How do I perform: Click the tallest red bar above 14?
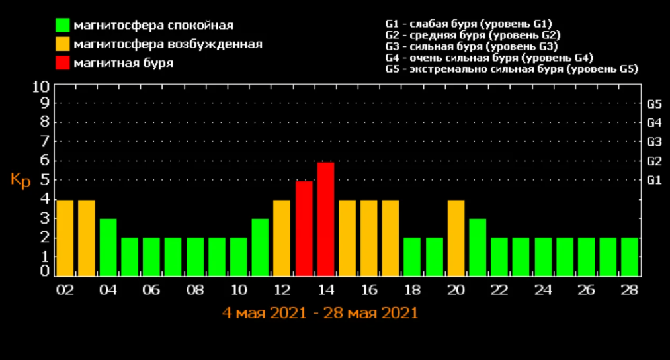point(325,219)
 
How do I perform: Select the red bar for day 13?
point(304,228)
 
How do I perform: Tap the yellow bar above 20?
point(456,238)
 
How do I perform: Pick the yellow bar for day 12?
point(282,238)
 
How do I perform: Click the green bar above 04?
point(108,247)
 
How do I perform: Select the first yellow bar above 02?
point(65,238)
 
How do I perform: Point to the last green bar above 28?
point(630,256)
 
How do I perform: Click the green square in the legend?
point(63,26)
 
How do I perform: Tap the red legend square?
point(63,63)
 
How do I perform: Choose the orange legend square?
point(63,44)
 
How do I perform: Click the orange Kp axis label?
point(21,180)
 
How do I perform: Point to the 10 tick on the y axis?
point(41,87)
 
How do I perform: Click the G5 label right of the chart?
point(654,104)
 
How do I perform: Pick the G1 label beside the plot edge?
point(654,180)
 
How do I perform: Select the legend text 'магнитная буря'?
point(124,63)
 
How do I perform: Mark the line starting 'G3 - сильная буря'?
point(472,46)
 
